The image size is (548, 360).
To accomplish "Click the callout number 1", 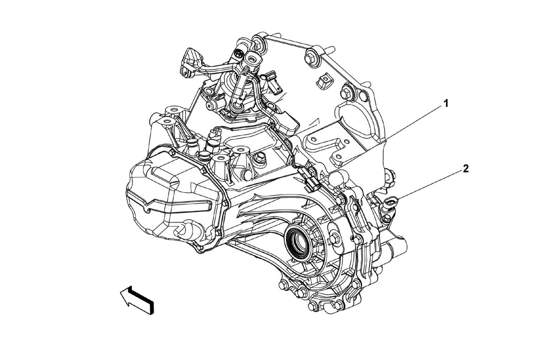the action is coord(446,104).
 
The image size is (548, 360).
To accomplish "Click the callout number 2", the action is coord(465,169).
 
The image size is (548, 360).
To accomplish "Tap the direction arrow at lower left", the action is coord(137,300).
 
